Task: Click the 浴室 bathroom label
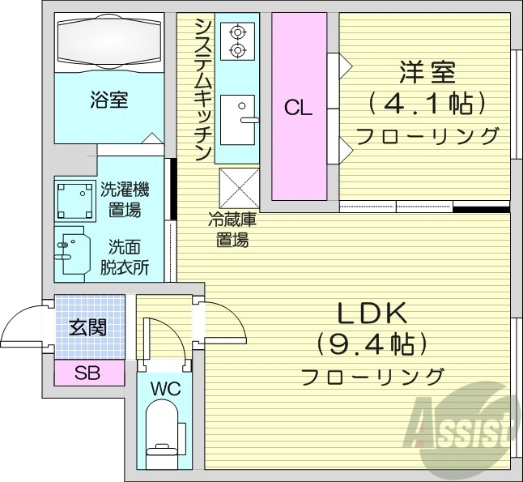click(109, 100)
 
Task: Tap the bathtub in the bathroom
click(109, 44)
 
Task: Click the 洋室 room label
click(427, 72)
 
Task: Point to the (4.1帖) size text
click(427, 102)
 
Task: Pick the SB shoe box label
click(89, 373)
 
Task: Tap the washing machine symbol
click(75, 199)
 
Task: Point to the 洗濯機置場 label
click(125, 200)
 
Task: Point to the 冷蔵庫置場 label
click(232, 228)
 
